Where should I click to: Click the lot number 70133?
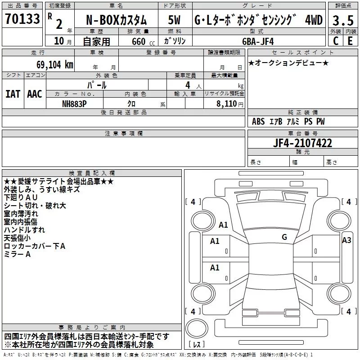point(23,19)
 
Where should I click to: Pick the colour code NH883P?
point(75,103)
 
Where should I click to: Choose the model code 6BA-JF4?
point(257,40)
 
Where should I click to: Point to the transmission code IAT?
point(13,94)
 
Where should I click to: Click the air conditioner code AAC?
point(34,94)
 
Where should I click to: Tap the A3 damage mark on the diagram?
point(346,240)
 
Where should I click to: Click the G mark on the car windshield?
point(284,237)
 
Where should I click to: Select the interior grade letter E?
point(350,40)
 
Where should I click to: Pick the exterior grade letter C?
point(335,40)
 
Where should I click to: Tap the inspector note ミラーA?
point(17,255)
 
